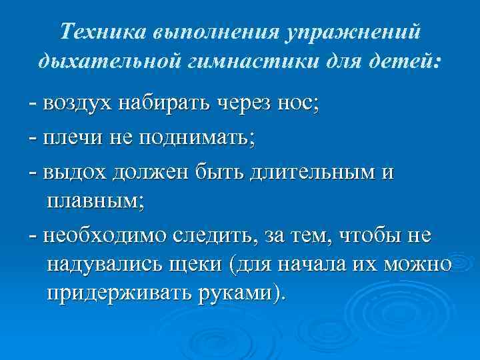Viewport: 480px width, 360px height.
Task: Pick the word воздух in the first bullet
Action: tap(77, 105)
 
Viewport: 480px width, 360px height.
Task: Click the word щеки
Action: tap(208, 265)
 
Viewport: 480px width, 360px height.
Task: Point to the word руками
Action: tap(243, 295)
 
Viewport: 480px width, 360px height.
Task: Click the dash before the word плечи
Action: tap(33, 139)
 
